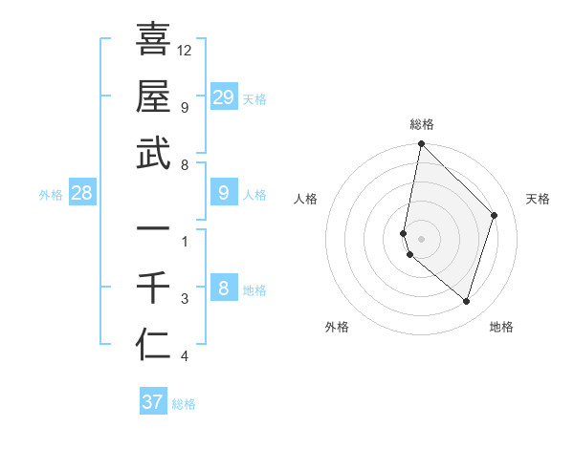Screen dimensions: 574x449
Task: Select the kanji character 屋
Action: (x=153, y=96)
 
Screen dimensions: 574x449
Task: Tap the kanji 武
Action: (x=153, y=153)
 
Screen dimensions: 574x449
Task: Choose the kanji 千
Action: (x=153, y=288)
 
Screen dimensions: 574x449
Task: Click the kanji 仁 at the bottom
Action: (x=153, y=345)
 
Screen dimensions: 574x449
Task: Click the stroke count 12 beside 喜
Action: (x=185, y=50)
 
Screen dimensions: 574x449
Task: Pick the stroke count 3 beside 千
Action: (x=185, y=299)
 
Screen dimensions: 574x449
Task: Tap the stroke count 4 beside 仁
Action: (x=185, y=356)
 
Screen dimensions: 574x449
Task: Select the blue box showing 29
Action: (x=223, y=96)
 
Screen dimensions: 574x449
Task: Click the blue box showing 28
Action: (x=82, y=194)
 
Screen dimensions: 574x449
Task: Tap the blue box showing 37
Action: (x=152, y=402)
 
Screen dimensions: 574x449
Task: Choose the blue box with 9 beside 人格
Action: (x=223, y=194)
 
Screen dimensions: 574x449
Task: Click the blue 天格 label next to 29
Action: (x=254, y=98)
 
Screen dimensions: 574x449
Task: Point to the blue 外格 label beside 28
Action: (x=51, y=195)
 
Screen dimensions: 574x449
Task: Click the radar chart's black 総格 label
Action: (x=421, y=124)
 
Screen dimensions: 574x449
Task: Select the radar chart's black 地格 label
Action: (x=501, y=327)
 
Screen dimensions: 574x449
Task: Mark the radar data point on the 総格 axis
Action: (x=421, y=144)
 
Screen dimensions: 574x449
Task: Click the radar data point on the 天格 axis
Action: (x=495, y=215)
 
